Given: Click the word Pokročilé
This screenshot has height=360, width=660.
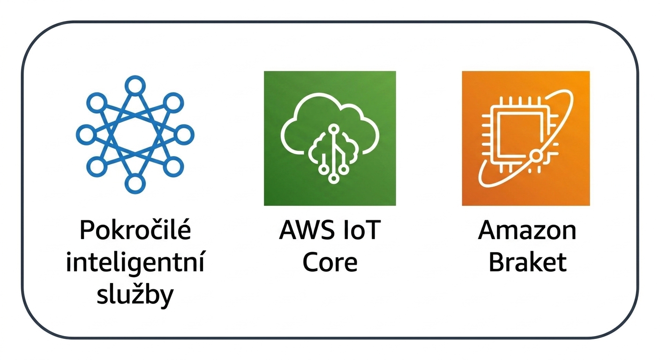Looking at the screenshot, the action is [x=135, y=230].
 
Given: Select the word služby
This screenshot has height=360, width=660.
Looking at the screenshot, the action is [x=135, y=294].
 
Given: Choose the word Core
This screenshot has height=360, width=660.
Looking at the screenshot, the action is [x=330, y=262].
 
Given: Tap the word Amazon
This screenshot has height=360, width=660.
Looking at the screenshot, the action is [x=527, y=230].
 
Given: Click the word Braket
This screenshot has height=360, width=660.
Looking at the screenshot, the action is [x=527, y=262].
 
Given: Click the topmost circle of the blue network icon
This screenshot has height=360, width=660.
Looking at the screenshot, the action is [x=135, y=86].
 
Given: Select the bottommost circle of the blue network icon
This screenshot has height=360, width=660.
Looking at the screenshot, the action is [x=135, y=184].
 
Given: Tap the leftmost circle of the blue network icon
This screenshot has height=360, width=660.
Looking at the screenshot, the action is [x=86, y=135].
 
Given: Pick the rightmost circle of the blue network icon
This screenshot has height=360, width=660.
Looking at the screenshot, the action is [x=184, y=135].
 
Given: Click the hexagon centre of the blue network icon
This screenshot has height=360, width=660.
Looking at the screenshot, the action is [x=135, y=135].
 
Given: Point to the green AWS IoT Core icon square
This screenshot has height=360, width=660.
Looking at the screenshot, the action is [x=330, y=138].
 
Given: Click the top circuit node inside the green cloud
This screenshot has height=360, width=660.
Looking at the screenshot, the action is [x=334, y=129].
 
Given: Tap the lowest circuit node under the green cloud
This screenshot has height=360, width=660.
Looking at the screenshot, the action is [x=334, y=178].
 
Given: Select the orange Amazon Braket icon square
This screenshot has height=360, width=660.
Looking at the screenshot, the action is [x=525, y=138].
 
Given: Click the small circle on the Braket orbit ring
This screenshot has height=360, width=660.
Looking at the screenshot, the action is [x=536, y=155].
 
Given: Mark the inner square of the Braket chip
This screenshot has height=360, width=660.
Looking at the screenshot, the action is [x=519, y=135].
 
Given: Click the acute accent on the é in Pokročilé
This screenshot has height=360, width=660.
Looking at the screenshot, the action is [x=183, y=221].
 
